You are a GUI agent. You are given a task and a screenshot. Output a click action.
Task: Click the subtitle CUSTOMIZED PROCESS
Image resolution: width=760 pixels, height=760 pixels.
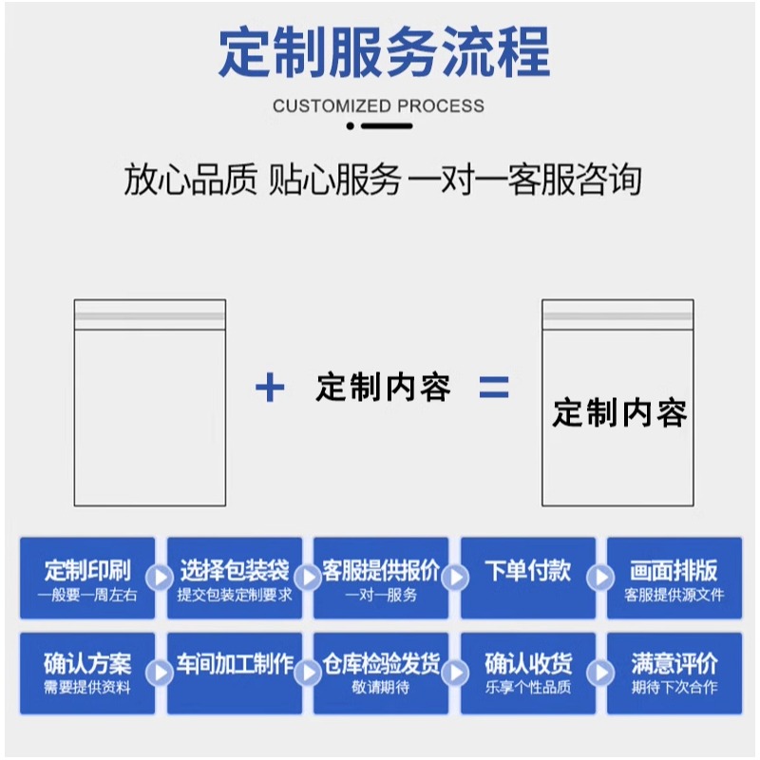point(378,105)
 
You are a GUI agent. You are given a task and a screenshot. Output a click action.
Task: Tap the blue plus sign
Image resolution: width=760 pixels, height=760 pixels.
point(271,388)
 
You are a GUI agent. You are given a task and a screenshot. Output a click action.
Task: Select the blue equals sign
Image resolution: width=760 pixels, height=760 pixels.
point(493,388)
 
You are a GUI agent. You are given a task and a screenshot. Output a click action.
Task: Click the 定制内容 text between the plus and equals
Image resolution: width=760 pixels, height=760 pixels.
point(383,388)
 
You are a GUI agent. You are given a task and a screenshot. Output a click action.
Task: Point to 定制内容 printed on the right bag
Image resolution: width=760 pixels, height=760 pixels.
point(619,413)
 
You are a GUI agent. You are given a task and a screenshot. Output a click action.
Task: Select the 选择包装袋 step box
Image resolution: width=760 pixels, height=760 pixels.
point(235,579)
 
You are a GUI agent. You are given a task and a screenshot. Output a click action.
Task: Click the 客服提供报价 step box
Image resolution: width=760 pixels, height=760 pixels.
point(381,579)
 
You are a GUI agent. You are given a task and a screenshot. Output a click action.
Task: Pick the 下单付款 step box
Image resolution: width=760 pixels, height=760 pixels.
point(528,579)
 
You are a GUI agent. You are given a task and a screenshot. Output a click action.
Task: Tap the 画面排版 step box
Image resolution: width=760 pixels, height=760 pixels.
point(674,579)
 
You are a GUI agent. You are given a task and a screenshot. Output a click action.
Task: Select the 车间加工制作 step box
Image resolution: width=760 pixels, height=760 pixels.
point(235,673)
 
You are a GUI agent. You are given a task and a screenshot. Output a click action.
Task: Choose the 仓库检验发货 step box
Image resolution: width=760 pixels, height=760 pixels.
point(381,673)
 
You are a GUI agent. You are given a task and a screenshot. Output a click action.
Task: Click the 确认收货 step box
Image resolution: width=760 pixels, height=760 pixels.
point(528,673)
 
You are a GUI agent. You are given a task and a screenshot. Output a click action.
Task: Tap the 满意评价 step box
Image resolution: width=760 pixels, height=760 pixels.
point(674,673)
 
